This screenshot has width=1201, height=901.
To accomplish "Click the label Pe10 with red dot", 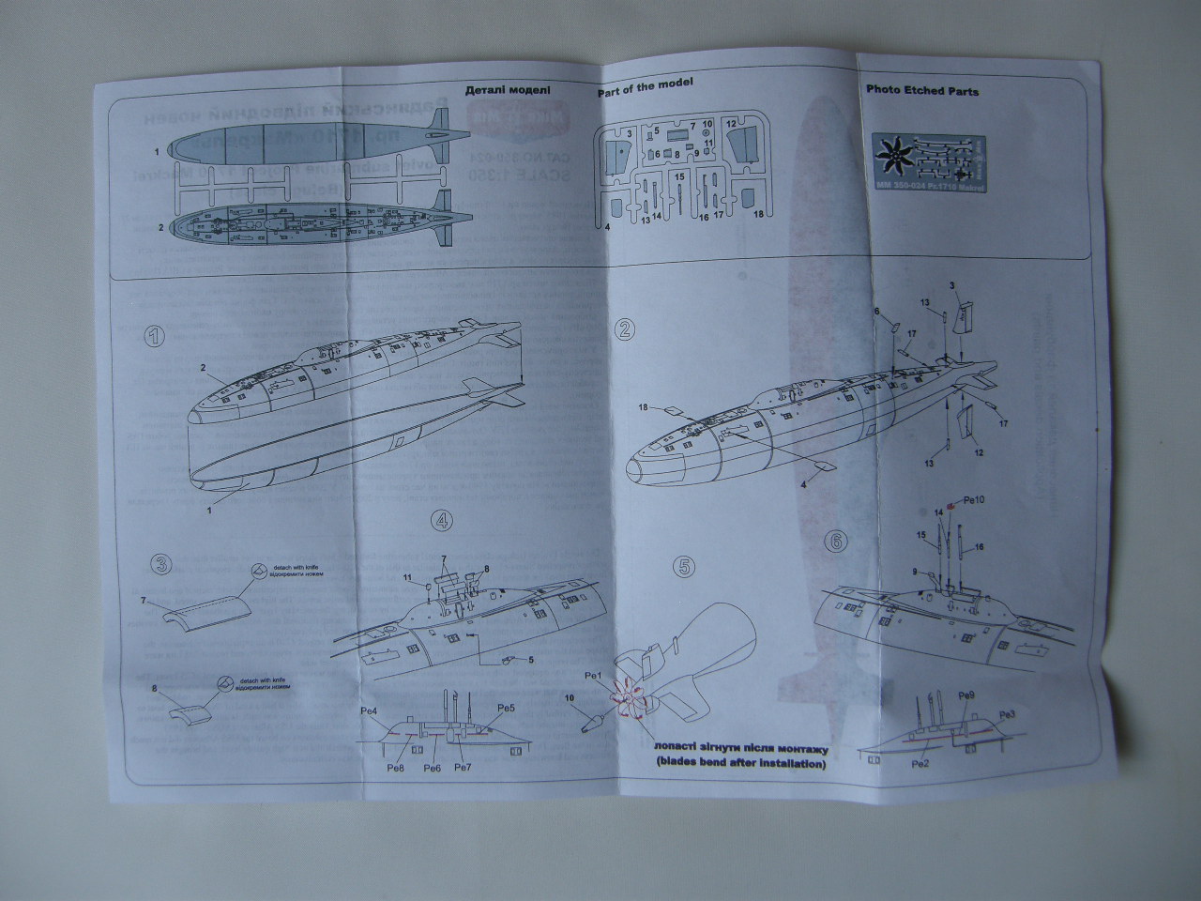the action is (x=972, y=500).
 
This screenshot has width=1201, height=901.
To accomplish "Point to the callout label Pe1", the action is (x=593, y=676).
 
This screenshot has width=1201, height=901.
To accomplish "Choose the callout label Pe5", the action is (x=507, y=708).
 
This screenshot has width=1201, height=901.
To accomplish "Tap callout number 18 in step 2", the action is (x=644, y=407).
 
